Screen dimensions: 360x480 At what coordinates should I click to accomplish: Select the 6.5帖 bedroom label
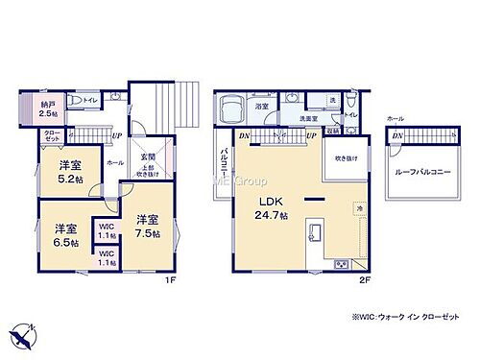(x=65, y=235)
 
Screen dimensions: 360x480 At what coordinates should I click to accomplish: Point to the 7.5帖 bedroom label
(x=148, y=224)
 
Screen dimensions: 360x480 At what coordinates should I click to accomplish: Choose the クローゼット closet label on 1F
(x=49, y=137)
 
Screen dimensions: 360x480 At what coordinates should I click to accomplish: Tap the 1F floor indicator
(x=169, y=279)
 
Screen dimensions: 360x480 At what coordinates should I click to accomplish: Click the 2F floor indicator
(x=363, y=279)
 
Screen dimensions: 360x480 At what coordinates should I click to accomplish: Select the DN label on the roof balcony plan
(x=396, y=136)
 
